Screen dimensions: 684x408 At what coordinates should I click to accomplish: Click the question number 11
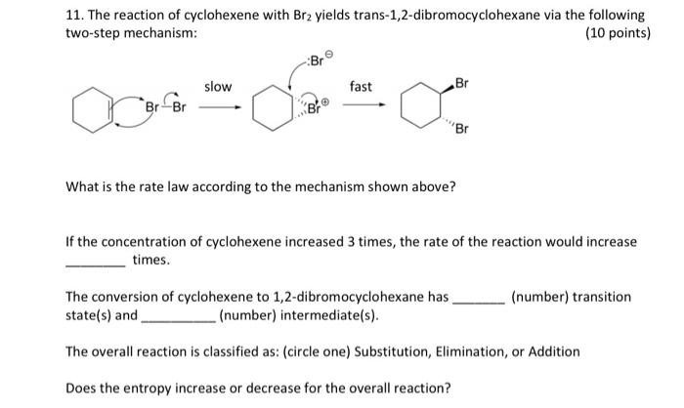[x=73, y=16]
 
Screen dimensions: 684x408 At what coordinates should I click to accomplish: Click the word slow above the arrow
[x=218, y=87]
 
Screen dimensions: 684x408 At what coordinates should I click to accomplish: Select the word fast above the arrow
[x=361, y=87]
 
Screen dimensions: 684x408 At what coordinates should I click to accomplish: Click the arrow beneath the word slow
[x=219, y=109]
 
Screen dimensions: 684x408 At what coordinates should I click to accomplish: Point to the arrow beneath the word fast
[x=361, y=109]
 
